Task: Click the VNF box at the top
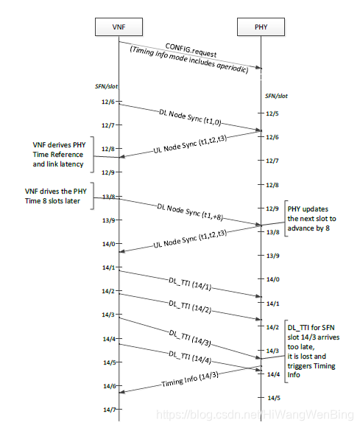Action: [x=119, y=27]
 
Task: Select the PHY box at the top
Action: [x=261, y=27]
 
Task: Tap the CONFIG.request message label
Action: [x=191, y=50]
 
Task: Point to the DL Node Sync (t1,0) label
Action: [x=190, y=118]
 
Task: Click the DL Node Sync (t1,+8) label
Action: [x=190, y=212]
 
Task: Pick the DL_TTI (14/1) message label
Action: [x=190, y=284]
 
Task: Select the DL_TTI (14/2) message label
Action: [x=190, y=307]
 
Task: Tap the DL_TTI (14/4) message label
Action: [x=190, y=357]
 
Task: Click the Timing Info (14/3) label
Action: [x=190, y=379]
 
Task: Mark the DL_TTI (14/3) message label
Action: [x=190, y=338]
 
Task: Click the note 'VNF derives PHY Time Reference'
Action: [x=59, y=155]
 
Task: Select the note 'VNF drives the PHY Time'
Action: [x=56, y=196]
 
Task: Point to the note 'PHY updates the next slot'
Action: [x=311, y=219]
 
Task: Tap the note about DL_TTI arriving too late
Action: [x=314, y=351]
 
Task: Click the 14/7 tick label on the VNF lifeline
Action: [x=110, y=410]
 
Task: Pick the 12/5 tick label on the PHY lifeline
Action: [x=272, y=113]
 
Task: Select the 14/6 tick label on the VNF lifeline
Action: [x=110, y=386]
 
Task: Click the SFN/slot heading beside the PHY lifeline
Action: [x=276, y=96]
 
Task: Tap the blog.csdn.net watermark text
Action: [x=255, y=415]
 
